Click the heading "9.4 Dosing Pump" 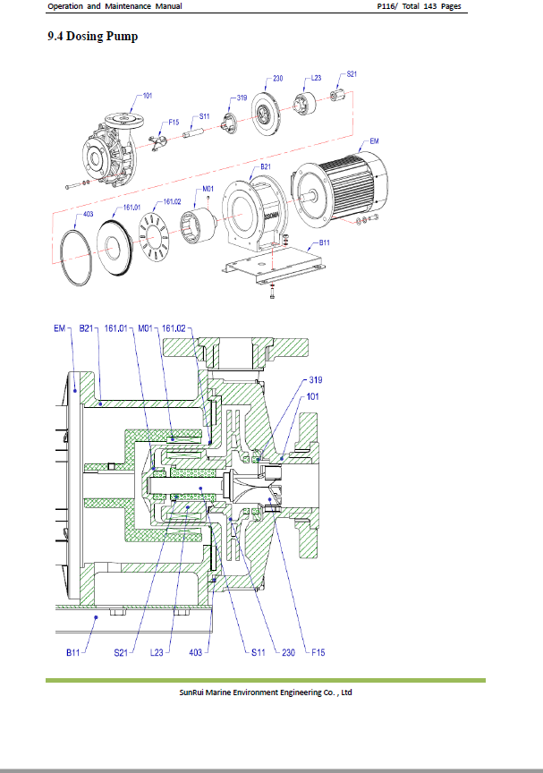pos(93,37)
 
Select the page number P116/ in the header pos(387,6)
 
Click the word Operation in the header pos(65,6)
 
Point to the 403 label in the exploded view pos(89,214)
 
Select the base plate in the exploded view pos(274,265)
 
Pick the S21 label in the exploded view pos(352,74)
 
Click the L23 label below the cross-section pos(157,652)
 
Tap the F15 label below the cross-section pos(318,652)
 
